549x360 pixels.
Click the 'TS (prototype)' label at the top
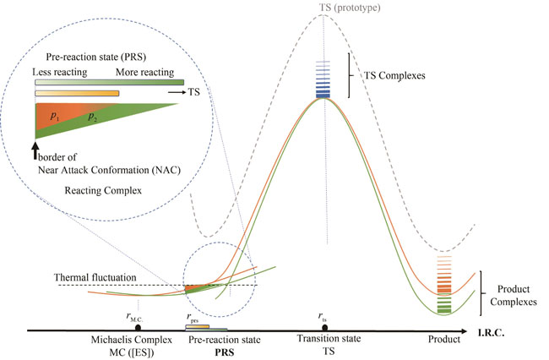pyautogui.click(x=324, y=7)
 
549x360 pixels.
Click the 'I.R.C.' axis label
pyautogui.click(x=527, y=335)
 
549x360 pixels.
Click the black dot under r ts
pyautogui.click(x=325, y=327)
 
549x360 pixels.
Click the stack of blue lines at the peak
pyautogui.click(x=325, y=79)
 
